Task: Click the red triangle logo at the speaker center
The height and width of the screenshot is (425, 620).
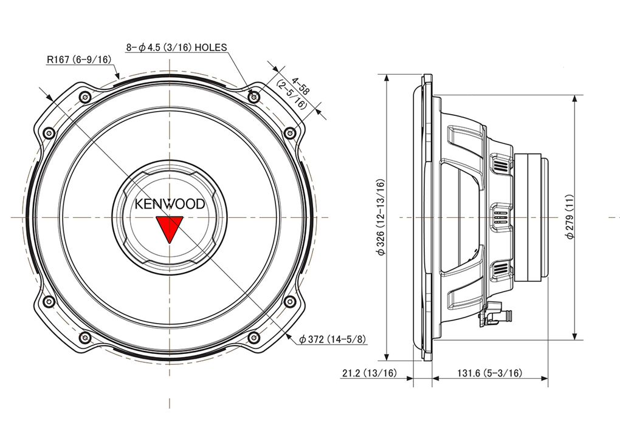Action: point(170,229)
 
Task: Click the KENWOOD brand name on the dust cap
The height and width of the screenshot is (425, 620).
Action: point(170,204)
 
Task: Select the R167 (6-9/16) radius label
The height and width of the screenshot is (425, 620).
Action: point(79,59)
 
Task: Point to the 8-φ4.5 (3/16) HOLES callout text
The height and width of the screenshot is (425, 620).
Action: point(177,47)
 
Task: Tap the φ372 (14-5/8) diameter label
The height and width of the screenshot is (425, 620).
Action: point(332,339)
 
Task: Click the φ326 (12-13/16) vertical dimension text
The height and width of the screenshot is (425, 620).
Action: point(381,217)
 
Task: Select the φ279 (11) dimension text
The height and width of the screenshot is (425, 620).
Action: point(570,217)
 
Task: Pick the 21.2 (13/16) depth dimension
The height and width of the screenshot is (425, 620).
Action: point(370,373)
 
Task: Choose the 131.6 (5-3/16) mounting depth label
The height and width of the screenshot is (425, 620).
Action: point(489,373)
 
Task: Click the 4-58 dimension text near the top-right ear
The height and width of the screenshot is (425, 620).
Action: point(300,86)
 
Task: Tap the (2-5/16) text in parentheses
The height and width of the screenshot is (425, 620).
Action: point(291,95)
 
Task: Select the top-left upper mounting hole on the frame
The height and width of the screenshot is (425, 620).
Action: point(84,97)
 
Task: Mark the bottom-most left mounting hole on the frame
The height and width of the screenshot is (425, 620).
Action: point(84,338)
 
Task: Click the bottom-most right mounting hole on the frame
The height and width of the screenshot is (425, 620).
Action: point(254,338)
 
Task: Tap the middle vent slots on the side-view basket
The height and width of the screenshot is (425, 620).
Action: point(500,217)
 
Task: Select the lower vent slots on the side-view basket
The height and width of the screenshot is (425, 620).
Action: point(500,270)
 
